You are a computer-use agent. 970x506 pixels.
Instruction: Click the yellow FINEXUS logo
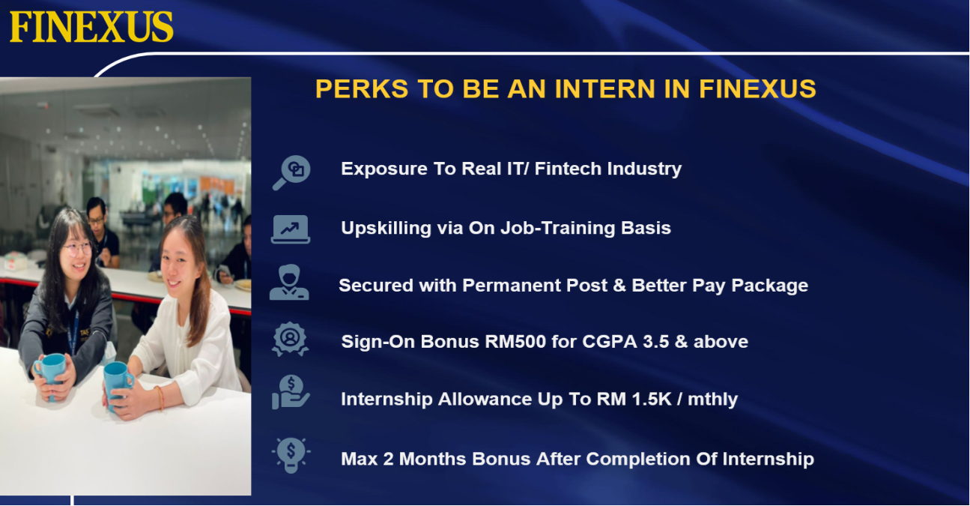(91, 27)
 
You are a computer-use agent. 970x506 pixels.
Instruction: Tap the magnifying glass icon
(291, 172)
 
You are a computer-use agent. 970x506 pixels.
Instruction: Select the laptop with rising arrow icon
(291, 229)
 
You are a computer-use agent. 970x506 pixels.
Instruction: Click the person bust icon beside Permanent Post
(289, 283)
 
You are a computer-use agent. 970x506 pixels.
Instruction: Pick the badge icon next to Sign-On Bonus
(290, 340)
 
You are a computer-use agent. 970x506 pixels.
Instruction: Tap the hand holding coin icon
(291, 392)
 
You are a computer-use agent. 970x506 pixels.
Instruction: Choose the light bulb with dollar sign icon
(291, 455)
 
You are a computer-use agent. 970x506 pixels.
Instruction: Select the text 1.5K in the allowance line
(652, 399)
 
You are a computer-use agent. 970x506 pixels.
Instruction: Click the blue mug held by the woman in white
(117, 382)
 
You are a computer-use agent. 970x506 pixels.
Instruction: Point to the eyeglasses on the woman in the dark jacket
(77, 249)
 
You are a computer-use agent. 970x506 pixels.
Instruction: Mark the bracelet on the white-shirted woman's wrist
(160, 398)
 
